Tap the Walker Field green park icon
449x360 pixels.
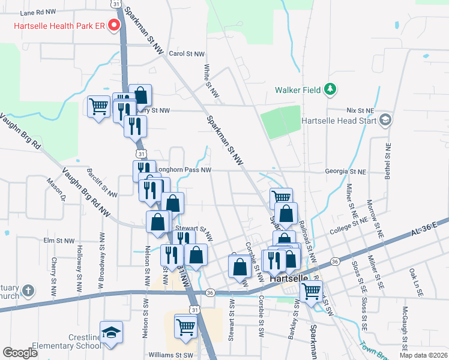coord(330,90)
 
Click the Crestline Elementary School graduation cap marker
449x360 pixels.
coord(110,332)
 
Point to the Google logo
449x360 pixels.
coord(20,353)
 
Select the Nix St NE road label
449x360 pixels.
coord(360,111)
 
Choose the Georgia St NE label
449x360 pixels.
coord(345,171)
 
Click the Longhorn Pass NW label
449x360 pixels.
coord(182,170)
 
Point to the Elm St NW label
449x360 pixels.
coord(58,241)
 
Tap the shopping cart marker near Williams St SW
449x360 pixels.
coord(186,327)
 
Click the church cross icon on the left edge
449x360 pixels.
coord(28,292)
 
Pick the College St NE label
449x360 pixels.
coord(348,223)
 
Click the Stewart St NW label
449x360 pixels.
coord(191,229)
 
